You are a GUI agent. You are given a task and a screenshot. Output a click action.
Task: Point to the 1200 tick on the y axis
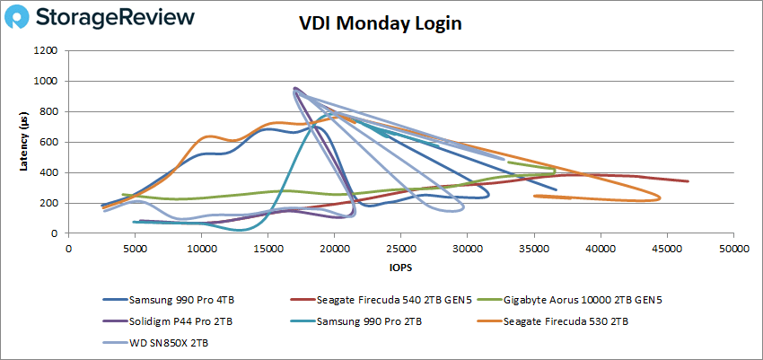pyautogui.click(x=47, y=51)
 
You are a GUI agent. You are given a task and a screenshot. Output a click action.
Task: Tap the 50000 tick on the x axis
pyautogui.click(x=733, y=249)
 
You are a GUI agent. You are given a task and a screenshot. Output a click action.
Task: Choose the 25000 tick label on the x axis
pyautogui.click(x=401, y=249)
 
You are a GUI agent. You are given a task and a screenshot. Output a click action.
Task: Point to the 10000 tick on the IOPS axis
pyautogui.click(x=202, y=249)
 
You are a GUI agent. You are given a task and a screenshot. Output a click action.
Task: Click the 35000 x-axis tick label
pyautogui.click(x=534, y=249)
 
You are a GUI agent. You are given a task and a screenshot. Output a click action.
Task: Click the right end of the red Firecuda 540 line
pyautogui.click(x=688, y=181)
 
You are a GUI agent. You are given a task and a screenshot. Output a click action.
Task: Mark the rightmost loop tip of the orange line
pyautogui.click(x=661, y=198)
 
